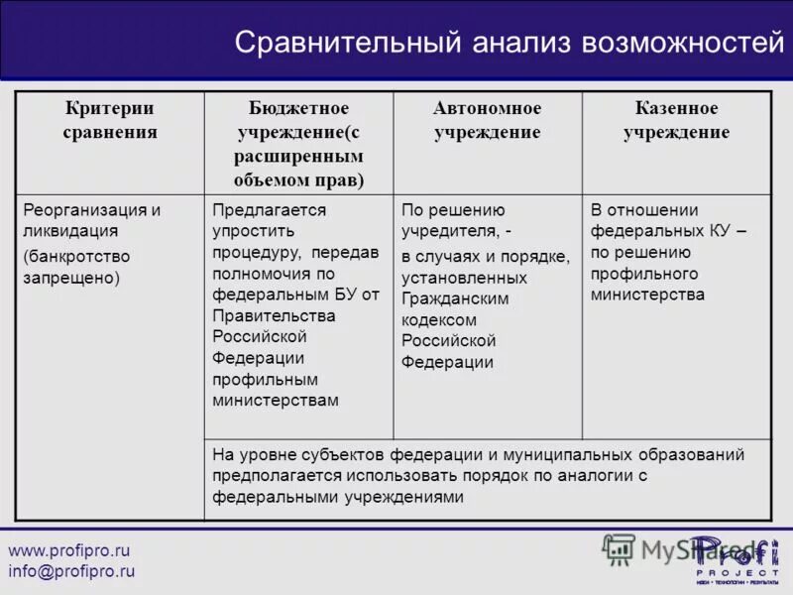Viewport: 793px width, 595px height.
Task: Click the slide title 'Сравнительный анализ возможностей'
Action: (509, 43)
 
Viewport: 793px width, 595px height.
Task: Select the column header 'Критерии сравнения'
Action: (110, 120)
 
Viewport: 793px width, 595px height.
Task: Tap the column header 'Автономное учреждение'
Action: (487, 120)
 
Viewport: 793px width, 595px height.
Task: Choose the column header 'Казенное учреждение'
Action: (676, 120)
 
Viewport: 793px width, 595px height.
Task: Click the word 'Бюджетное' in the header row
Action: (298, 108)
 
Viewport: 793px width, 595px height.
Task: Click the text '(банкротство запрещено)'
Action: (71, 267)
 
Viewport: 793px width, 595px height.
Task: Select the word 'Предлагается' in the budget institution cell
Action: (269, 210)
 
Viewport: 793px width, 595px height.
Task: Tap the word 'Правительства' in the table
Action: (275, 315)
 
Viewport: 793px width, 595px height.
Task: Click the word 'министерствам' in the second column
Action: (276, 401)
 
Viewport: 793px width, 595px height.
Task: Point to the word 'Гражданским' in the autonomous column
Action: (455, 298)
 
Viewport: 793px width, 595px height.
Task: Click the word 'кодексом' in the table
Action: (439, 320)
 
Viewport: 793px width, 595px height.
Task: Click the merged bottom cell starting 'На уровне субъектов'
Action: (486, 476)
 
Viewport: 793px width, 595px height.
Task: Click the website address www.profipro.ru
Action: (69, 550)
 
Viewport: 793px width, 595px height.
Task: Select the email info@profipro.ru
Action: (71, 571)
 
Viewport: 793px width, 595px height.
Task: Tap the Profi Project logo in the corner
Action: (734, 556)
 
